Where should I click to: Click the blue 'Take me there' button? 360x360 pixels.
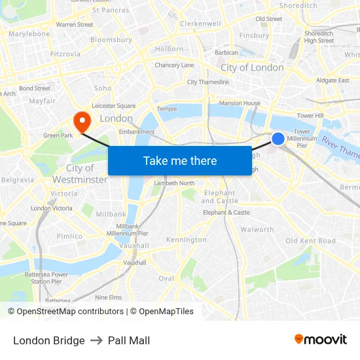click(x=179, y=160)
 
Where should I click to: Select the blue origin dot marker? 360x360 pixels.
click(x=278, y=139)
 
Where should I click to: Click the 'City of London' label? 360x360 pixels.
click(x=252, y=67)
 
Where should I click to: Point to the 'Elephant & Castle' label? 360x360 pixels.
click(x=226, y=213)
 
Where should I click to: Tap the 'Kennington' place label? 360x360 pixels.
click(x=186, y=240)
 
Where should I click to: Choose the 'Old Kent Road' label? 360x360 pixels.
click(x=310, y=241)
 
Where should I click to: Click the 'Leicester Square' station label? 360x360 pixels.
click(x=114, y=105)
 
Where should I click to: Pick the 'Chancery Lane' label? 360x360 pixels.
click(x=174, y=65)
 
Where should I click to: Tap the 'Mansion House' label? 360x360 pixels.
click(x=240, y=103)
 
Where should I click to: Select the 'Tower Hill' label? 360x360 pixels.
click(x=310, y=116)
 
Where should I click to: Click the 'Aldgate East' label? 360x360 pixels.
click(x=333, y=81)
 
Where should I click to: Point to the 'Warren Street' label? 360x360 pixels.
click(x=75, y=25)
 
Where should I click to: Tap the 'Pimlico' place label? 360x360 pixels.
click(x=69, y=236)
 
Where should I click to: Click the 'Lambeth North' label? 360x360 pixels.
click(x=174, y=183)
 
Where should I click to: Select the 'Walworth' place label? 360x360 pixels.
click(x=257, y=230)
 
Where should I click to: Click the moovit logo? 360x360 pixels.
click(x=320, y=340)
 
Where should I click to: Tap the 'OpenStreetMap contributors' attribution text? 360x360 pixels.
click(x=70, y=312)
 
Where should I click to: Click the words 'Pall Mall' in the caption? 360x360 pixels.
click(x=129, y=340)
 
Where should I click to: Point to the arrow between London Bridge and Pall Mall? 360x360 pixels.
click(x=96, y=340)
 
